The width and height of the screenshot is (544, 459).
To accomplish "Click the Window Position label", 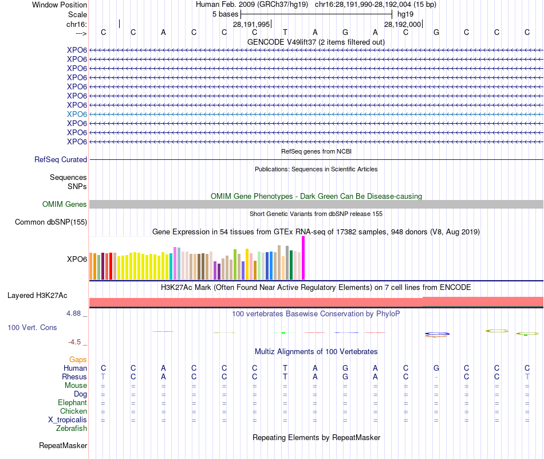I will [x=60, y=5].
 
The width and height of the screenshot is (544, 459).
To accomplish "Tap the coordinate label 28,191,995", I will [x=251, y=24].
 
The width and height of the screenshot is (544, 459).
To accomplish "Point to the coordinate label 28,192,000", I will [x=403, y=24].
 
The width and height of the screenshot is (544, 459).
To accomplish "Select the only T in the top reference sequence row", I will [x=285, y=32].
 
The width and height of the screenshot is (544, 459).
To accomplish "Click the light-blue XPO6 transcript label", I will [x=77, y=114].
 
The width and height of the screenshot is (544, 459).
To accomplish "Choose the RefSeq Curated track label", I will [x=61, y=160].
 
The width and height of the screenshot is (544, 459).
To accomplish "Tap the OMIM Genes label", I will [x=65, y=204].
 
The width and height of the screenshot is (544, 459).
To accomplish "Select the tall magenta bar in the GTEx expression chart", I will [x=303, y=258].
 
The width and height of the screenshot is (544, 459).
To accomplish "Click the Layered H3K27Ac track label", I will [x=37, y=296].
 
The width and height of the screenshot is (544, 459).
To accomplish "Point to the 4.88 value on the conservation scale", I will [x=74, y=313].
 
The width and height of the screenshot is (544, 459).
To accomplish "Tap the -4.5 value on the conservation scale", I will [x=74, y=342].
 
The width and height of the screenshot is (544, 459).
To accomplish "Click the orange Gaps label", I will [x=78, y=359].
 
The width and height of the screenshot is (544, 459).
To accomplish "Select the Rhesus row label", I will [x=74, y=377].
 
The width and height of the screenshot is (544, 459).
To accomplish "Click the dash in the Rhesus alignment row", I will [x=436, y=377].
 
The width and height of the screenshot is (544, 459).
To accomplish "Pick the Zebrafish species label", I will [x=72, y=428].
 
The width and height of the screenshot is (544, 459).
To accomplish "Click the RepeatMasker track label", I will [x=63, y=445].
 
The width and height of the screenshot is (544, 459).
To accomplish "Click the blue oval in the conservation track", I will [x=437, y=334].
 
